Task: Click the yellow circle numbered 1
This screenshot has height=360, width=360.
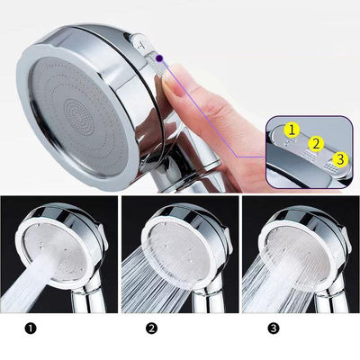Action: (x=292, y=130)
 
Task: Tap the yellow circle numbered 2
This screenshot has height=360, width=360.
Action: (x=316, y=144)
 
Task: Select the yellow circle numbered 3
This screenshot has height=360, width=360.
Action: (x=340, y=158)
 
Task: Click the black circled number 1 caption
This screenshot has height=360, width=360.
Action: (x=31, y=328)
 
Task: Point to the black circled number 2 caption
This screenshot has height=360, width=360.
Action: (x=151, y=328)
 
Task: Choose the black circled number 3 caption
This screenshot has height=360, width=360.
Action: (x=273, y=328)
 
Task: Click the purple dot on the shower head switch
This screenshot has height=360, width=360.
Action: (x=159, y=58)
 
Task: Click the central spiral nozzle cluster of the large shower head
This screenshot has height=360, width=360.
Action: (x=78, y=116)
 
